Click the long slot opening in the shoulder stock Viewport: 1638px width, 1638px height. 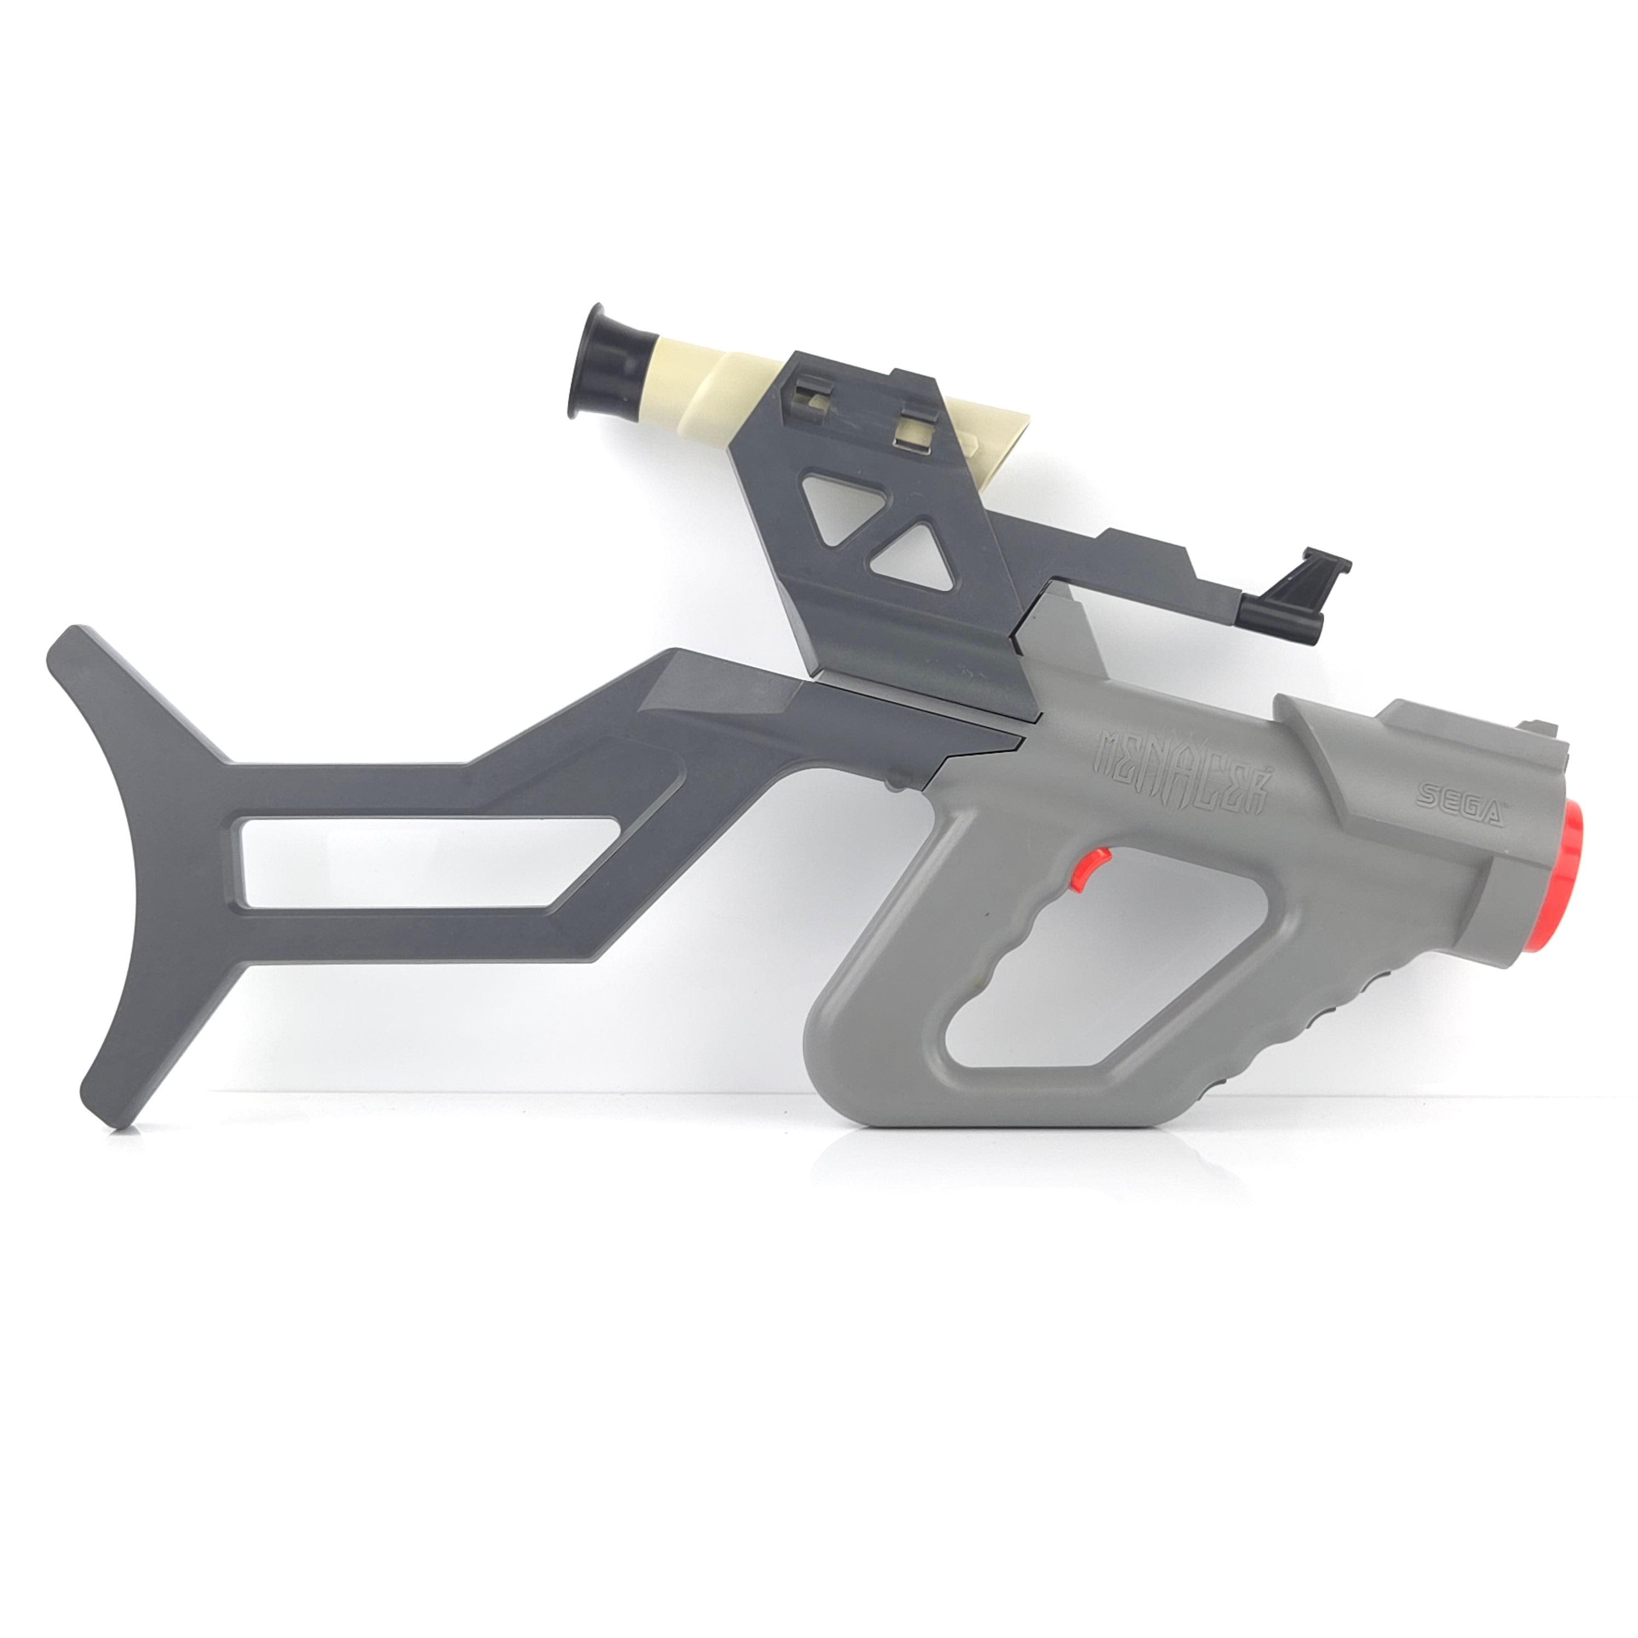click(424, 862)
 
